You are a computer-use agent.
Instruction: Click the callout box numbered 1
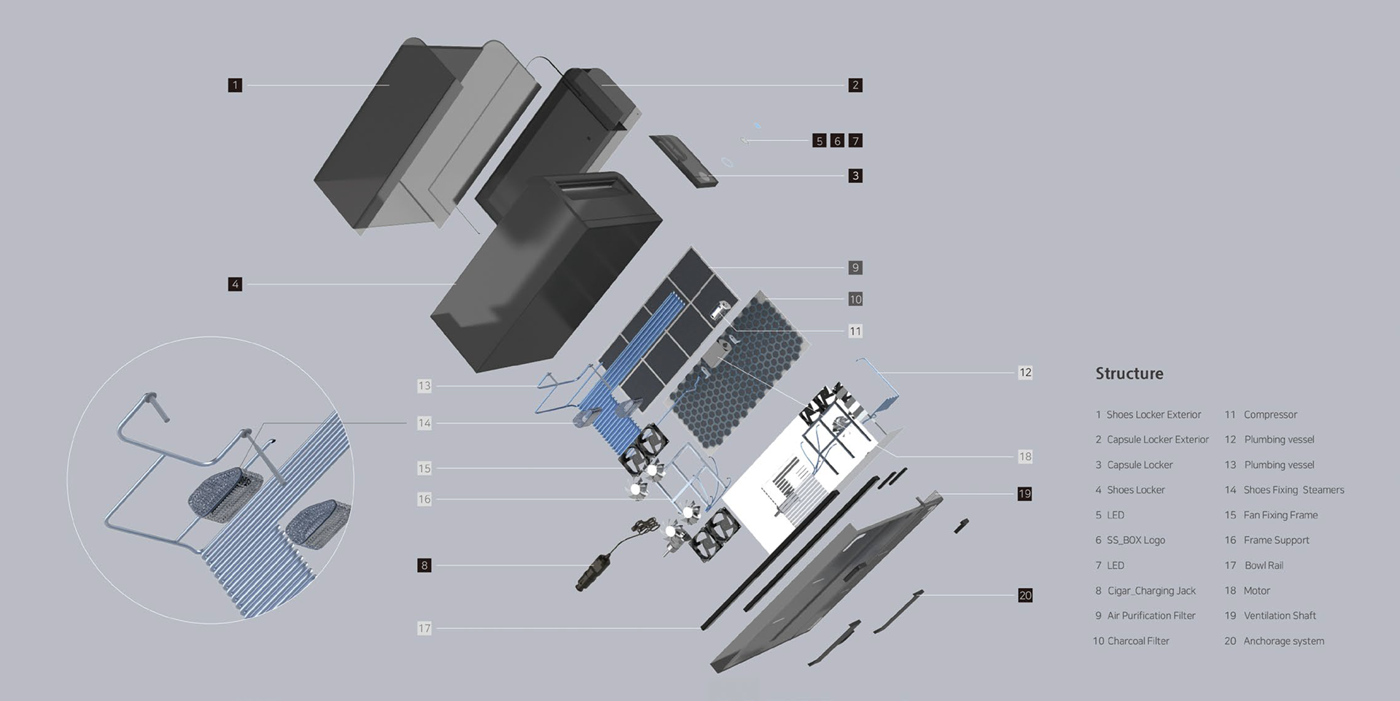click(x=235, y=85)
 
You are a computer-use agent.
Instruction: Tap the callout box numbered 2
click(x=855, y=85)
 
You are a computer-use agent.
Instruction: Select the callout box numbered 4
click(x=235, y=284)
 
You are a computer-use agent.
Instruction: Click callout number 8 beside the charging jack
click(x=424, y=565)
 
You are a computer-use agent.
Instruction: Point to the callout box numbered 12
click(x=1025, y=373)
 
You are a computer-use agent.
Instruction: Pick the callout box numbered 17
click(x=424, y=628)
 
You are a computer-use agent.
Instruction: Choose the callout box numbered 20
click(x=1025, y=595)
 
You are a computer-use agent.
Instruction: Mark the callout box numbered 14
click(x=424, y=423)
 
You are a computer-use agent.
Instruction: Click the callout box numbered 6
click(x=837, y=141)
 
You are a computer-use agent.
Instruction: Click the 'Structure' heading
click(x=1129, y=373)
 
